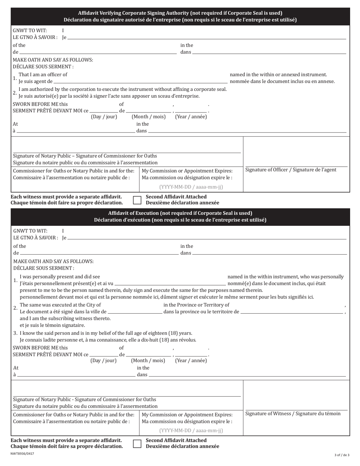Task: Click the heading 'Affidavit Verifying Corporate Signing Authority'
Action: (180, 13)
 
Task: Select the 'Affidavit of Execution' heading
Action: (180, 213)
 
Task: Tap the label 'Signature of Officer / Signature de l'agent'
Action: (291, 170)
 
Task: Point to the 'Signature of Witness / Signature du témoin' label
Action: (293, 414)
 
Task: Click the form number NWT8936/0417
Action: (22, 453)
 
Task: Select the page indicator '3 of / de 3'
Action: (342, 455)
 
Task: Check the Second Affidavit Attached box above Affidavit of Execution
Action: (137, 200)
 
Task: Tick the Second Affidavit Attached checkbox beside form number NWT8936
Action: (137, 444)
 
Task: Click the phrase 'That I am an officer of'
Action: (43, 75)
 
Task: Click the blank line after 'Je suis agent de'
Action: (140, 81)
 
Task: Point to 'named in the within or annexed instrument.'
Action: (278, 75)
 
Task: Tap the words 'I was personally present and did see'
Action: (60, 277)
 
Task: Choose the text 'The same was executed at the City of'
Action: (60, 305)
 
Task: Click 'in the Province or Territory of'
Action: (196, 305)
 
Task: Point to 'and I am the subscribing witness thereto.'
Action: (65, 319)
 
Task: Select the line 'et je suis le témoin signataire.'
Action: (52, 325)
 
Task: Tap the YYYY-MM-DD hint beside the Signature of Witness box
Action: (191, 431)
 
